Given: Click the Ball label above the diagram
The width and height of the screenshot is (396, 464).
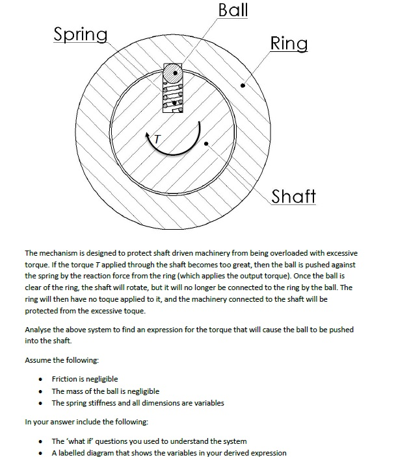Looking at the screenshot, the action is tap(233, 10).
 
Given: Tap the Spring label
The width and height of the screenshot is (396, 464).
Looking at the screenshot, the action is tap(81, 34).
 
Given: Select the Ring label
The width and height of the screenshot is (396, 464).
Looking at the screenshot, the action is tap(289, 43).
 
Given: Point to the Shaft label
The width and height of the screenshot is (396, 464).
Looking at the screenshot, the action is tap(293, 195).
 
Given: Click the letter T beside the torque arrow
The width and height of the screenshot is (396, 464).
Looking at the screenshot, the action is tap(157, 138).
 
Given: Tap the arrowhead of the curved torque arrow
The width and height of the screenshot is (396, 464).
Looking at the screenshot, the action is tap(150, 135).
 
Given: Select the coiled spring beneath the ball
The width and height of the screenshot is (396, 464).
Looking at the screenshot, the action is tap(174, 96).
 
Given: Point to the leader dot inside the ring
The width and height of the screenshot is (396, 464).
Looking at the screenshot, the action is tap(243, 84).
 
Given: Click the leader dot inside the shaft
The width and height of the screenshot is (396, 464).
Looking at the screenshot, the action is tap(206, 143).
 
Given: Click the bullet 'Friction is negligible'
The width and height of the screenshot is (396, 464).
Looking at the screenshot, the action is tap(85, 379).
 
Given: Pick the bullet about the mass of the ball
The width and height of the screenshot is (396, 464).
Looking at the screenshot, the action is tap(105, 391).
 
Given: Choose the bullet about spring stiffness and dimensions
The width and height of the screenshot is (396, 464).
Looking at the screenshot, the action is tap(138, 403).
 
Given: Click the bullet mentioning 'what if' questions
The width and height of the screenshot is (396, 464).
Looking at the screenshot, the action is tap(149, 441).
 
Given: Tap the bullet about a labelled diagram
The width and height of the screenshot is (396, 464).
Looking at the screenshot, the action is tap(168, 453).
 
